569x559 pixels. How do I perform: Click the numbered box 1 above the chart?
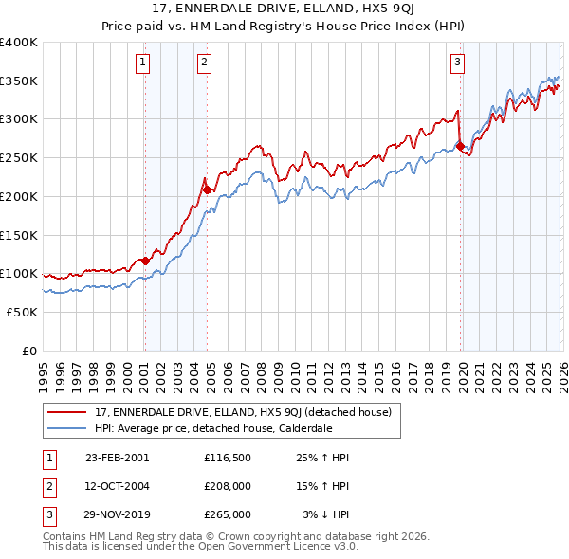click(x=142, y=63)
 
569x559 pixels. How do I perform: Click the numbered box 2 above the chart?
click(x=204, y=63)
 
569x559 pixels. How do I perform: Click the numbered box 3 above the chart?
click(x=457, y=63)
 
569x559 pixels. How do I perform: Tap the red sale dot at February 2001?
click(x=145, y=261)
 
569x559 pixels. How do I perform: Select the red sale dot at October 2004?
click(x=207, y=190)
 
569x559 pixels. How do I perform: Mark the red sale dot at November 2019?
click(x=460, y=147)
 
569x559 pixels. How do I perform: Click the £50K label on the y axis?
click(x=22, y=312)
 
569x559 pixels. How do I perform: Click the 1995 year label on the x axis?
click(x=43, y=368)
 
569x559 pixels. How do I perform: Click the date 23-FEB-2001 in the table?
click(x=117, y=458)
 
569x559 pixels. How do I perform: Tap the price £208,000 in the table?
click(x=227, y=486)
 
